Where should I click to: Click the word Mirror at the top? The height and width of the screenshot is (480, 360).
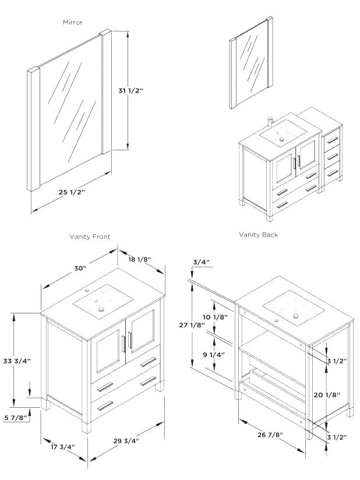[72, 22]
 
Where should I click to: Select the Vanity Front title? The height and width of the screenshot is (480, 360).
[90, 237]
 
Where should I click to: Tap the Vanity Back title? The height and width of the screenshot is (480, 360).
[258, 235]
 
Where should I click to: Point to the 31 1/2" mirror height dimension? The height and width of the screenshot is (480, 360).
[130, 91]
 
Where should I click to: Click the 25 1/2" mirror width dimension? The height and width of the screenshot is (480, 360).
[72, 192]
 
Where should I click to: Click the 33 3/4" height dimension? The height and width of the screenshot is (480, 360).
[17, 361]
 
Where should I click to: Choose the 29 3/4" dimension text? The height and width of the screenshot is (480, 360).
[126, 440]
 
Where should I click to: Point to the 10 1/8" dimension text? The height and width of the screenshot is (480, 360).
[216, 316]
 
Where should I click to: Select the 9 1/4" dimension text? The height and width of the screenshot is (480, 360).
[215, 354]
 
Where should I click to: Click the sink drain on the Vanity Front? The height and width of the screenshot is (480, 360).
[101, 309]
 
